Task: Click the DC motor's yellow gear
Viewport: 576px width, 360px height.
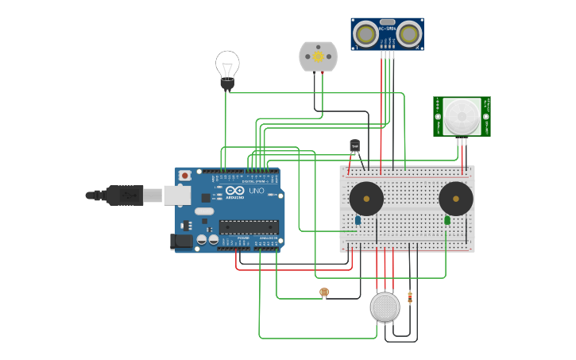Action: pos(319,56)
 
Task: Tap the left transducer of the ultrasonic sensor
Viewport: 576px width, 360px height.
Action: pos(365,34)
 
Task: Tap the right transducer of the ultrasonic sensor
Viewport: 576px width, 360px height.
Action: pos(409,34)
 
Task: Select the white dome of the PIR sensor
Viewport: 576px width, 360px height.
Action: pos(462,116)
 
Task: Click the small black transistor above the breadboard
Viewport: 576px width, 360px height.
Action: pos(354,145)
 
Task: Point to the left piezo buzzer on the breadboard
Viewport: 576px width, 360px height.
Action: pos(366,198)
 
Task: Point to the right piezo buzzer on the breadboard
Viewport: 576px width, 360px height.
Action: pos(456,198)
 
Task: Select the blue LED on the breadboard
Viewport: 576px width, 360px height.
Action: pos(358,220)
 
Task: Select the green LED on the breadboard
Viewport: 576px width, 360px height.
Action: pos(447,220)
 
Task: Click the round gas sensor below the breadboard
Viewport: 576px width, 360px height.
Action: pos(385,307)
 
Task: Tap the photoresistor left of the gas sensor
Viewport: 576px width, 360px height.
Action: pos(324,292)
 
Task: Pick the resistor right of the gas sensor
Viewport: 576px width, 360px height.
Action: pos(410,298)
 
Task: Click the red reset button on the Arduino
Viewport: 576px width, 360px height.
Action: pos(185,176)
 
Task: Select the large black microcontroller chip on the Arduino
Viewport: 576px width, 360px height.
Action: pos(249,227)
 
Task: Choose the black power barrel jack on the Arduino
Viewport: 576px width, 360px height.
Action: pos(182,241)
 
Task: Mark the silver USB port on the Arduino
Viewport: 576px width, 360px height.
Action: pos(177,195)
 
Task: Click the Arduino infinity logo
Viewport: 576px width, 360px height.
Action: pos(235,191)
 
